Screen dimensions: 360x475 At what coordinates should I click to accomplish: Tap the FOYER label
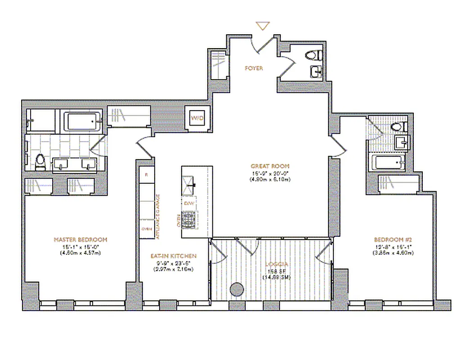(254, 68)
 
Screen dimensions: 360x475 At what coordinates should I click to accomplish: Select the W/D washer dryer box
(197, 118)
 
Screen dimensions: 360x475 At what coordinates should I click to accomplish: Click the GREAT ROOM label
(270, 166)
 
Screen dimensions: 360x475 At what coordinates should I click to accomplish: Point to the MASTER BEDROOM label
(81, 239)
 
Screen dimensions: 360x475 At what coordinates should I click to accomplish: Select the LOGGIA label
(270, 264)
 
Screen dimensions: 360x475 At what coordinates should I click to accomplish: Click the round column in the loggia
(236, 290)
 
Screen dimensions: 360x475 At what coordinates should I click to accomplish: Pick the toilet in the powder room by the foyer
(313, 55)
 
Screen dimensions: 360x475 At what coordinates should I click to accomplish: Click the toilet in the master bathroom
(40, 161)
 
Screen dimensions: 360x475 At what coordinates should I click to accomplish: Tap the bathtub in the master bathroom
(83, 121)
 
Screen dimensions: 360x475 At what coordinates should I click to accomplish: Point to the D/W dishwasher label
(189, 203)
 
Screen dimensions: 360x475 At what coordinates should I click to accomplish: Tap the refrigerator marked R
(146, 174)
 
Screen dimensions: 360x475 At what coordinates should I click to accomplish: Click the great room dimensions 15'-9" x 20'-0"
(270, 173)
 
